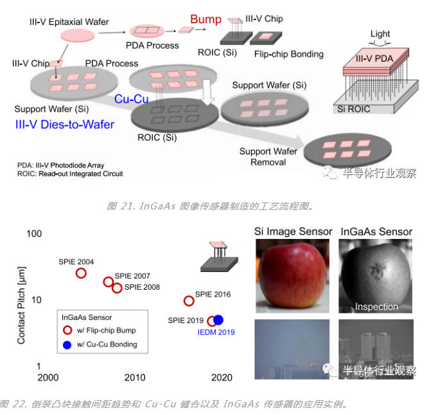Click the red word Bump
tap(205, 19)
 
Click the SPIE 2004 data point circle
tap(81, 273)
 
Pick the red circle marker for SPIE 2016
tap(188, 301)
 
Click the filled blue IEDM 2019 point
tap(218, 320)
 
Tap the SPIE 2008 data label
tap(142, 287)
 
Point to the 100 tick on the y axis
tap(33, 233)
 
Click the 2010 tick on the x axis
tap(134, 378)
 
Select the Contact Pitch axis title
tap(21, 300)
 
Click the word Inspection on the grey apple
tap(376, 306)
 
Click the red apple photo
tap(292, 276)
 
